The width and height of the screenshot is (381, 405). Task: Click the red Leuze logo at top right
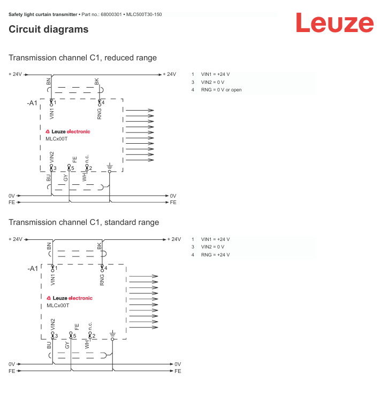click(x=334, y=23)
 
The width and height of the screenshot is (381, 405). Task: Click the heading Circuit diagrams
click(x=48, y=30)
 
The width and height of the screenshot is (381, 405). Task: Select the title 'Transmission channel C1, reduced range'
click(x=82, y=58)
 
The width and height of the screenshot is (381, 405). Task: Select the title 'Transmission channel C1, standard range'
click(x=83, y=222)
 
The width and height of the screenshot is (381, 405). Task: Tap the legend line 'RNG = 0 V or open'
click(x=221, y=90)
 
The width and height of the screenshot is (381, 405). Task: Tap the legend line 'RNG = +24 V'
click(x=215, y=255)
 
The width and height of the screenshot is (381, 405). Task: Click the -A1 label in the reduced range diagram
click(x=32, y=103)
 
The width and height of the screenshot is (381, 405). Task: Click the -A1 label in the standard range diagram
click(x=33, y=268)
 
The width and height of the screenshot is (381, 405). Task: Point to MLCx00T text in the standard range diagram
click(x=58, y=305)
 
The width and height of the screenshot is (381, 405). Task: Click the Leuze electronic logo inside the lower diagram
click(x=70, y=298)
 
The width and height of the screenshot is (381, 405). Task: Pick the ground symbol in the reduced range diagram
click(x=109, y=166)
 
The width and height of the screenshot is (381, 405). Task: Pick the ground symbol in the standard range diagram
click(x=112, y=333)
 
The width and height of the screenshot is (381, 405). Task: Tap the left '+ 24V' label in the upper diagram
click(x=16, y=74)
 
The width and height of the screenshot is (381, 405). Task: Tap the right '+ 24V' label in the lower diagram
click(x=174, y=239)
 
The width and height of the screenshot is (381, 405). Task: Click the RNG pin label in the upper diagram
click(x=99, y=113)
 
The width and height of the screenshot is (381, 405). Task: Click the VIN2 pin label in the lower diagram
click(x=52, y=324)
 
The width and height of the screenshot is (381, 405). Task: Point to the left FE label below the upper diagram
click(x=11, y=203)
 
